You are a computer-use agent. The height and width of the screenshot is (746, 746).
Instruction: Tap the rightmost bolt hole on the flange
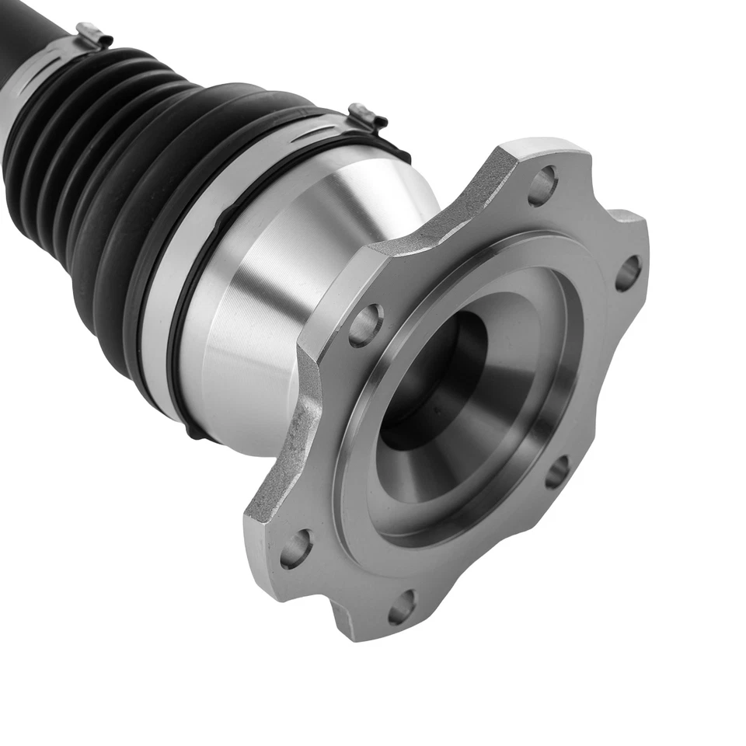click(x=628, y=273)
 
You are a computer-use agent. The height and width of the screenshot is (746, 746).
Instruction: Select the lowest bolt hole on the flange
click(x=402, y=607)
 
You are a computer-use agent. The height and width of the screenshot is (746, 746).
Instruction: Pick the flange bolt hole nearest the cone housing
click(x=365, y=325)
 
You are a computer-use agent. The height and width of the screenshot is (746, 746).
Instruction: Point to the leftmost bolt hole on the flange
click(x=296, y=549)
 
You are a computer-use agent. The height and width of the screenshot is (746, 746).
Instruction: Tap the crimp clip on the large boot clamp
click(x=367, y=117)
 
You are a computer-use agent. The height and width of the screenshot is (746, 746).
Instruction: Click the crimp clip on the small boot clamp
click(x=93, y=35)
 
